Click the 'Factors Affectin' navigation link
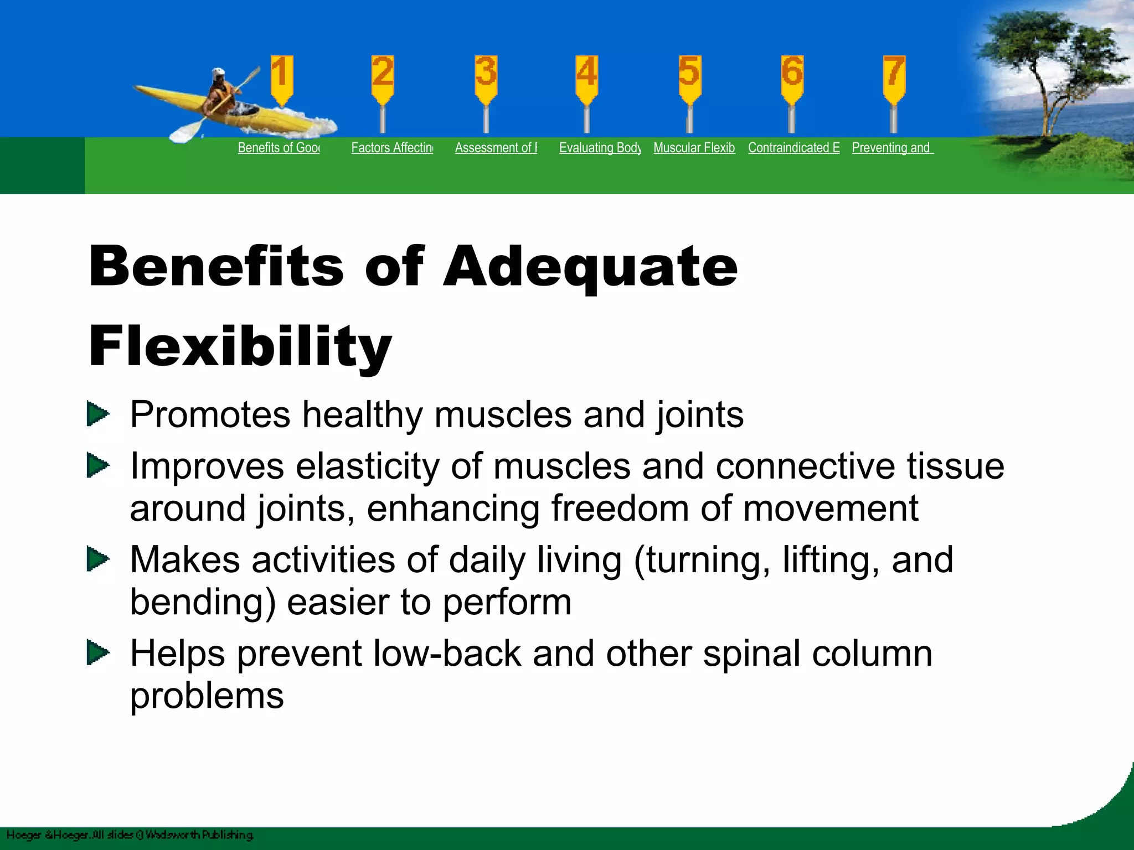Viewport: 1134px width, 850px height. (x=392, y=148)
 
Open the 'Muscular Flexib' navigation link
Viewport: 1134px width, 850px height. (x=694, y=148)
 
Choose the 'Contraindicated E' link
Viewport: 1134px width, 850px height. (x=793, y=148)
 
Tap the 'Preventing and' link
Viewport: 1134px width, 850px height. (x=891, y=148)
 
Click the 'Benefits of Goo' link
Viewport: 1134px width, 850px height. (x=279, y=148)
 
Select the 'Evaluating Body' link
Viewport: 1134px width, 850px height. (x=600, y=148)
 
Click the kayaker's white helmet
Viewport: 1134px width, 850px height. (x=218, y=73)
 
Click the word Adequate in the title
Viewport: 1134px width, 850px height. (x=590, y=268)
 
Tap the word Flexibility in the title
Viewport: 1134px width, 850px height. (x=240, y=346)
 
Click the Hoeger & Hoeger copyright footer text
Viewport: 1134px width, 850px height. (x=130, y=835)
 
